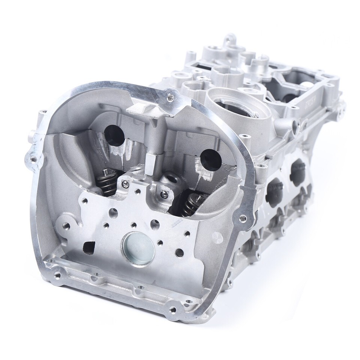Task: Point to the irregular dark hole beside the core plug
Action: pyautogui.click(x=89, y=246)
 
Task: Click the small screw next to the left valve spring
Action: pyautogui.click(x=126, y=183)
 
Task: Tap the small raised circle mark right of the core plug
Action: pyautogui.click(x=217, y=237)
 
